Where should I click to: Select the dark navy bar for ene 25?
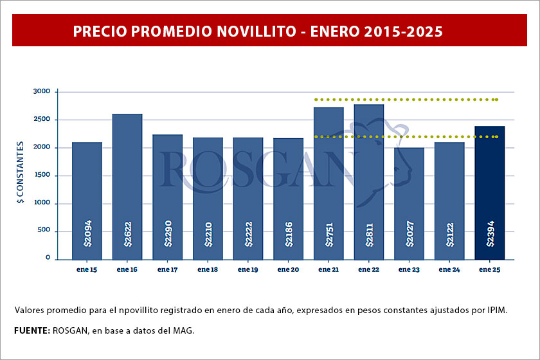pyautogui.click(x=489, y=193)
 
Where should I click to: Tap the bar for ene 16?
pyautogui.click(x=127, y=186)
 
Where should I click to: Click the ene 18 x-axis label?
pyautogui.click(x=208, y=270)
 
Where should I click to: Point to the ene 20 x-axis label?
pyautogui.click(x=288, y=270)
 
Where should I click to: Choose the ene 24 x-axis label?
pyautogui.click(x=449, y=270)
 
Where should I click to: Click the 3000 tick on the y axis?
pyautogui.click(x=41, y=92)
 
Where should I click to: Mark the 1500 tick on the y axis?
pyautogui.click(x=41, y=175)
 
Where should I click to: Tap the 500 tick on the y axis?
pyautogui.click(x=44, y=231)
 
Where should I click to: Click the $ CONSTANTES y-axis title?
pyautogui.click(x=21, y=173)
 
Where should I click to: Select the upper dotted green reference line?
pyautogui.click(x=405, y=100)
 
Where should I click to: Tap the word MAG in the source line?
pyautogui.click(x=181, y=330)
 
